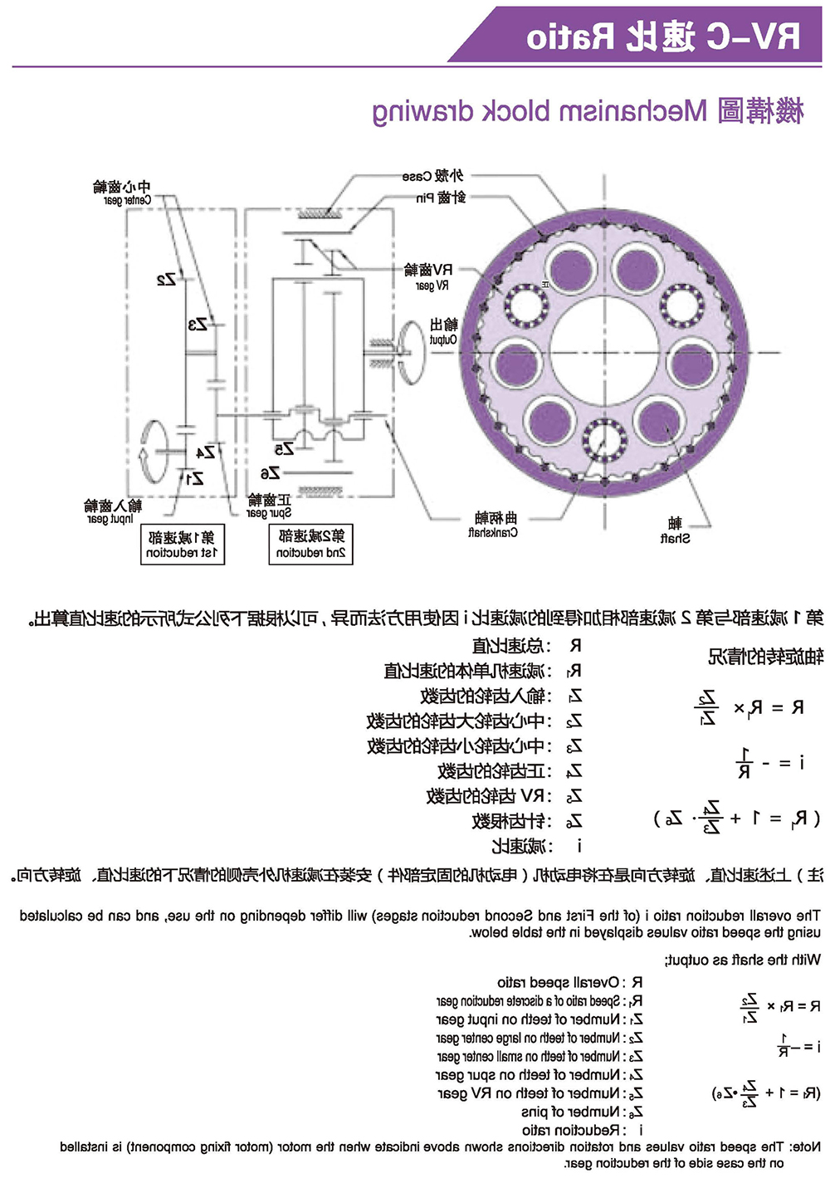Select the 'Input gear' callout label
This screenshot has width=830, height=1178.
pos(112,511)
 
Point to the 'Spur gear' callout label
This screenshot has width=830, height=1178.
pos(269,506)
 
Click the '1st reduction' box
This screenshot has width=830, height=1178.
pos(182,545)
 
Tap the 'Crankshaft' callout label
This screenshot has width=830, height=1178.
pos(493,525)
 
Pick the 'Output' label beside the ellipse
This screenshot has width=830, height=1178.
pos(443,331)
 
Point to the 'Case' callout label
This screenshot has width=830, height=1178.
pos(432,176)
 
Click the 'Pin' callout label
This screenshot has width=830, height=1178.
pos(441,198)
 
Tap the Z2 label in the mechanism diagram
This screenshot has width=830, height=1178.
pos(167,279)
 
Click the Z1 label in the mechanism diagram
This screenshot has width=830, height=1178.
pos(195,478)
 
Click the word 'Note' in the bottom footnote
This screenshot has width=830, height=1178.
pos(804,1146)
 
